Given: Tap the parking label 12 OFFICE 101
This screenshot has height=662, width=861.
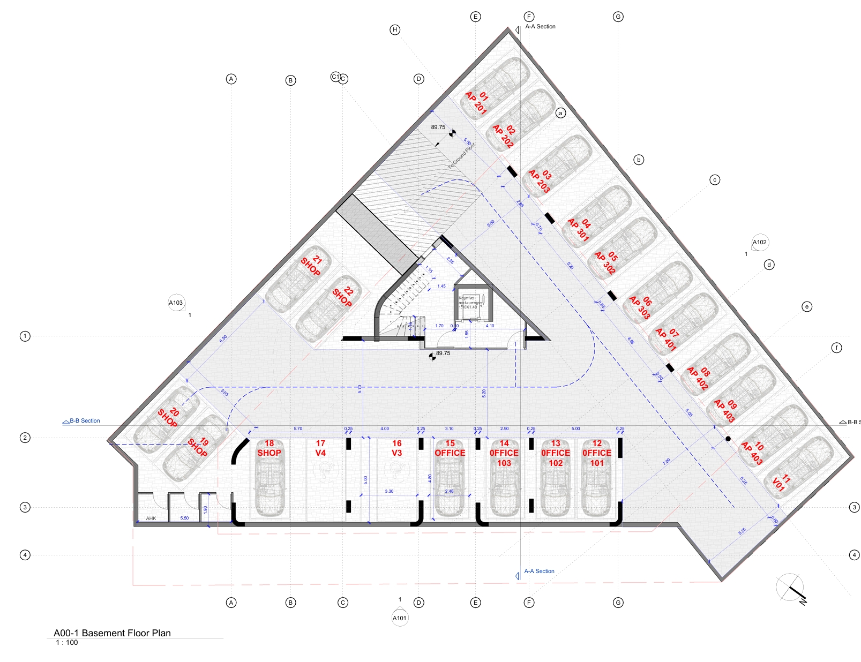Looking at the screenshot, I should (x=597, y=453).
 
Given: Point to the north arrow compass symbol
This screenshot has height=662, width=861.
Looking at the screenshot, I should (x=791, y=587).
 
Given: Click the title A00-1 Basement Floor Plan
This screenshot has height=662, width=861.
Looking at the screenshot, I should (x=112, y=633).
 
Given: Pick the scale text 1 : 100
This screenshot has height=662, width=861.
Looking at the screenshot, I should (x=67, y=643).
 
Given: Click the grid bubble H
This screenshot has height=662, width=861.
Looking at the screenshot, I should (x=395, y=29).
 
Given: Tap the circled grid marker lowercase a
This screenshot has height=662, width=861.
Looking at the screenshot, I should (x=560, y=113).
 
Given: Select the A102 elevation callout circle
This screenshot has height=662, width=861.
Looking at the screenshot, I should (x=760, y=243).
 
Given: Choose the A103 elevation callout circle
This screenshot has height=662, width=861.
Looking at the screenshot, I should (x=176, y=303).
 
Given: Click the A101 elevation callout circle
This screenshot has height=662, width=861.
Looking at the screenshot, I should (x=400, y=618).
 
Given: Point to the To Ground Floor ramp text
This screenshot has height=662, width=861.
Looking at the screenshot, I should (x=462, y=156).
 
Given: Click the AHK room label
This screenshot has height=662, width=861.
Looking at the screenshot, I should (x=151, y=518).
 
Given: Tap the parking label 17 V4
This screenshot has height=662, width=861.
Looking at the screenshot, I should (x=320, y=448).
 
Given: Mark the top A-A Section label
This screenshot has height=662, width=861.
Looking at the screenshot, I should (x=540, y=26).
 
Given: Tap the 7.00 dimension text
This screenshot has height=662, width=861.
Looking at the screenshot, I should (x=667, y=461).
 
